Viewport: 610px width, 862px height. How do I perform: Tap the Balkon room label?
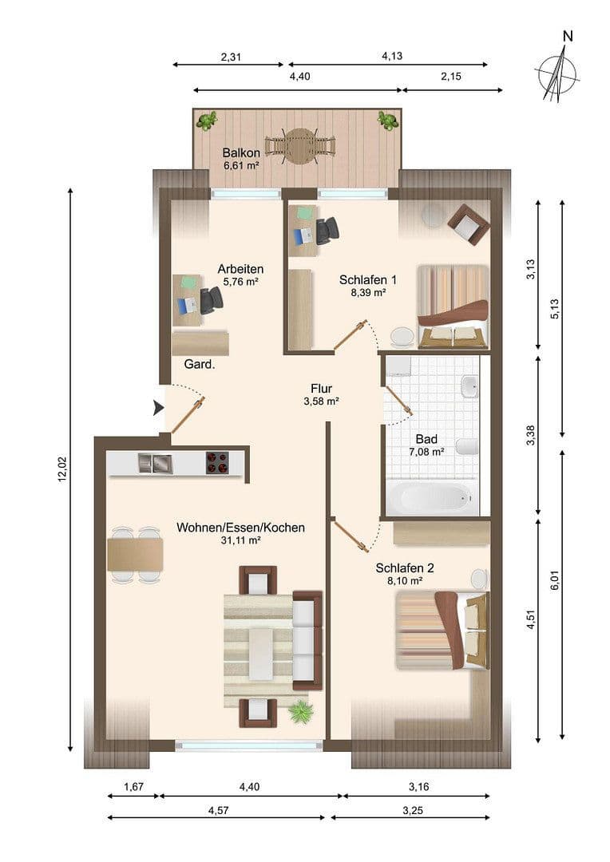pyautogui.click(x=241, y=152)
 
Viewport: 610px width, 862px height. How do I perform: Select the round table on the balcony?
pyautogui.click(x=299, y=146)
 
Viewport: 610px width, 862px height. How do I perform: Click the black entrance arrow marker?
pyautogui.click(x=158, y=408)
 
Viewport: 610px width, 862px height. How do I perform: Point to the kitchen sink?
pyautogui.click(x=155, y=462)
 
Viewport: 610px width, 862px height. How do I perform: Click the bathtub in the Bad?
pyautogui.click(x=432, y=498)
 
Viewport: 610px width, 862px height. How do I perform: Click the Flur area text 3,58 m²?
pyautogui.click(x=322, y=401)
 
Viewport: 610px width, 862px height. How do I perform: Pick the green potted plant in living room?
pyautogui.click(x=300, y=710)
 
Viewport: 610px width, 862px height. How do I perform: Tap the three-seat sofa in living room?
pyautogui.click(x=307, y=639)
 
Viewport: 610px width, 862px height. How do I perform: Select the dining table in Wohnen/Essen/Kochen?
pyautogui.click(x=135, y=554)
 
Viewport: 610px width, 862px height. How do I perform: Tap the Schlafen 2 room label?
pyautogui.click(x=405, y=568)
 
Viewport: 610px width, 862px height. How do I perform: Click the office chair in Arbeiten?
pyautogui.click(x=212, y=301)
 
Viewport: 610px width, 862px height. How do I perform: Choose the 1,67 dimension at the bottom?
pyautogui.click(x=133, y=787)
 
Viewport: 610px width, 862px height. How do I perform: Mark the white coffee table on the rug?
pyautogui.click(x=259, y=653)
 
